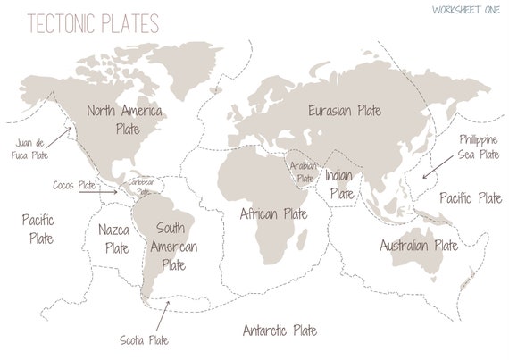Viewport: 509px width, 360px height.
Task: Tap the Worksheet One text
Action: tap(464, 10)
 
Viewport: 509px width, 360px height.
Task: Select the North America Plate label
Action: tap(124, 120)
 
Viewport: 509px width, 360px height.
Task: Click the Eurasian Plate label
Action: tap(345, 111)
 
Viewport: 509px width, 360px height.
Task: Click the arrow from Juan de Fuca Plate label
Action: tap(61, 135)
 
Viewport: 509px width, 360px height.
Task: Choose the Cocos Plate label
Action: tap(74, 185)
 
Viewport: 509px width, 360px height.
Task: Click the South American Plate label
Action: tap(173, 246)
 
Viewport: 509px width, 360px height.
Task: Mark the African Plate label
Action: tap(273, 214)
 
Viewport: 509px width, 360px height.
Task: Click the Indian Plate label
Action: tap(340, 184)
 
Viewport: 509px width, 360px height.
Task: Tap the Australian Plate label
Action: tap(418, 245)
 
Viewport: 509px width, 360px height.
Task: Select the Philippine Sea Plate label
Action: tap(479, 147)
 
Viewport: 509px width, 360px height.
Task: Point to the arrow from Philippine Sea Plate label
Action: tap(436, 167)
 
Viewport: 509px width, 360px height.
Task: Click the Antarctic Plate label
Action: tap(280, 331)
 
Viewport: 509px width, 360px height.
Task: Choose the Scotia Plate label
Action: tap(144, 339)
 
